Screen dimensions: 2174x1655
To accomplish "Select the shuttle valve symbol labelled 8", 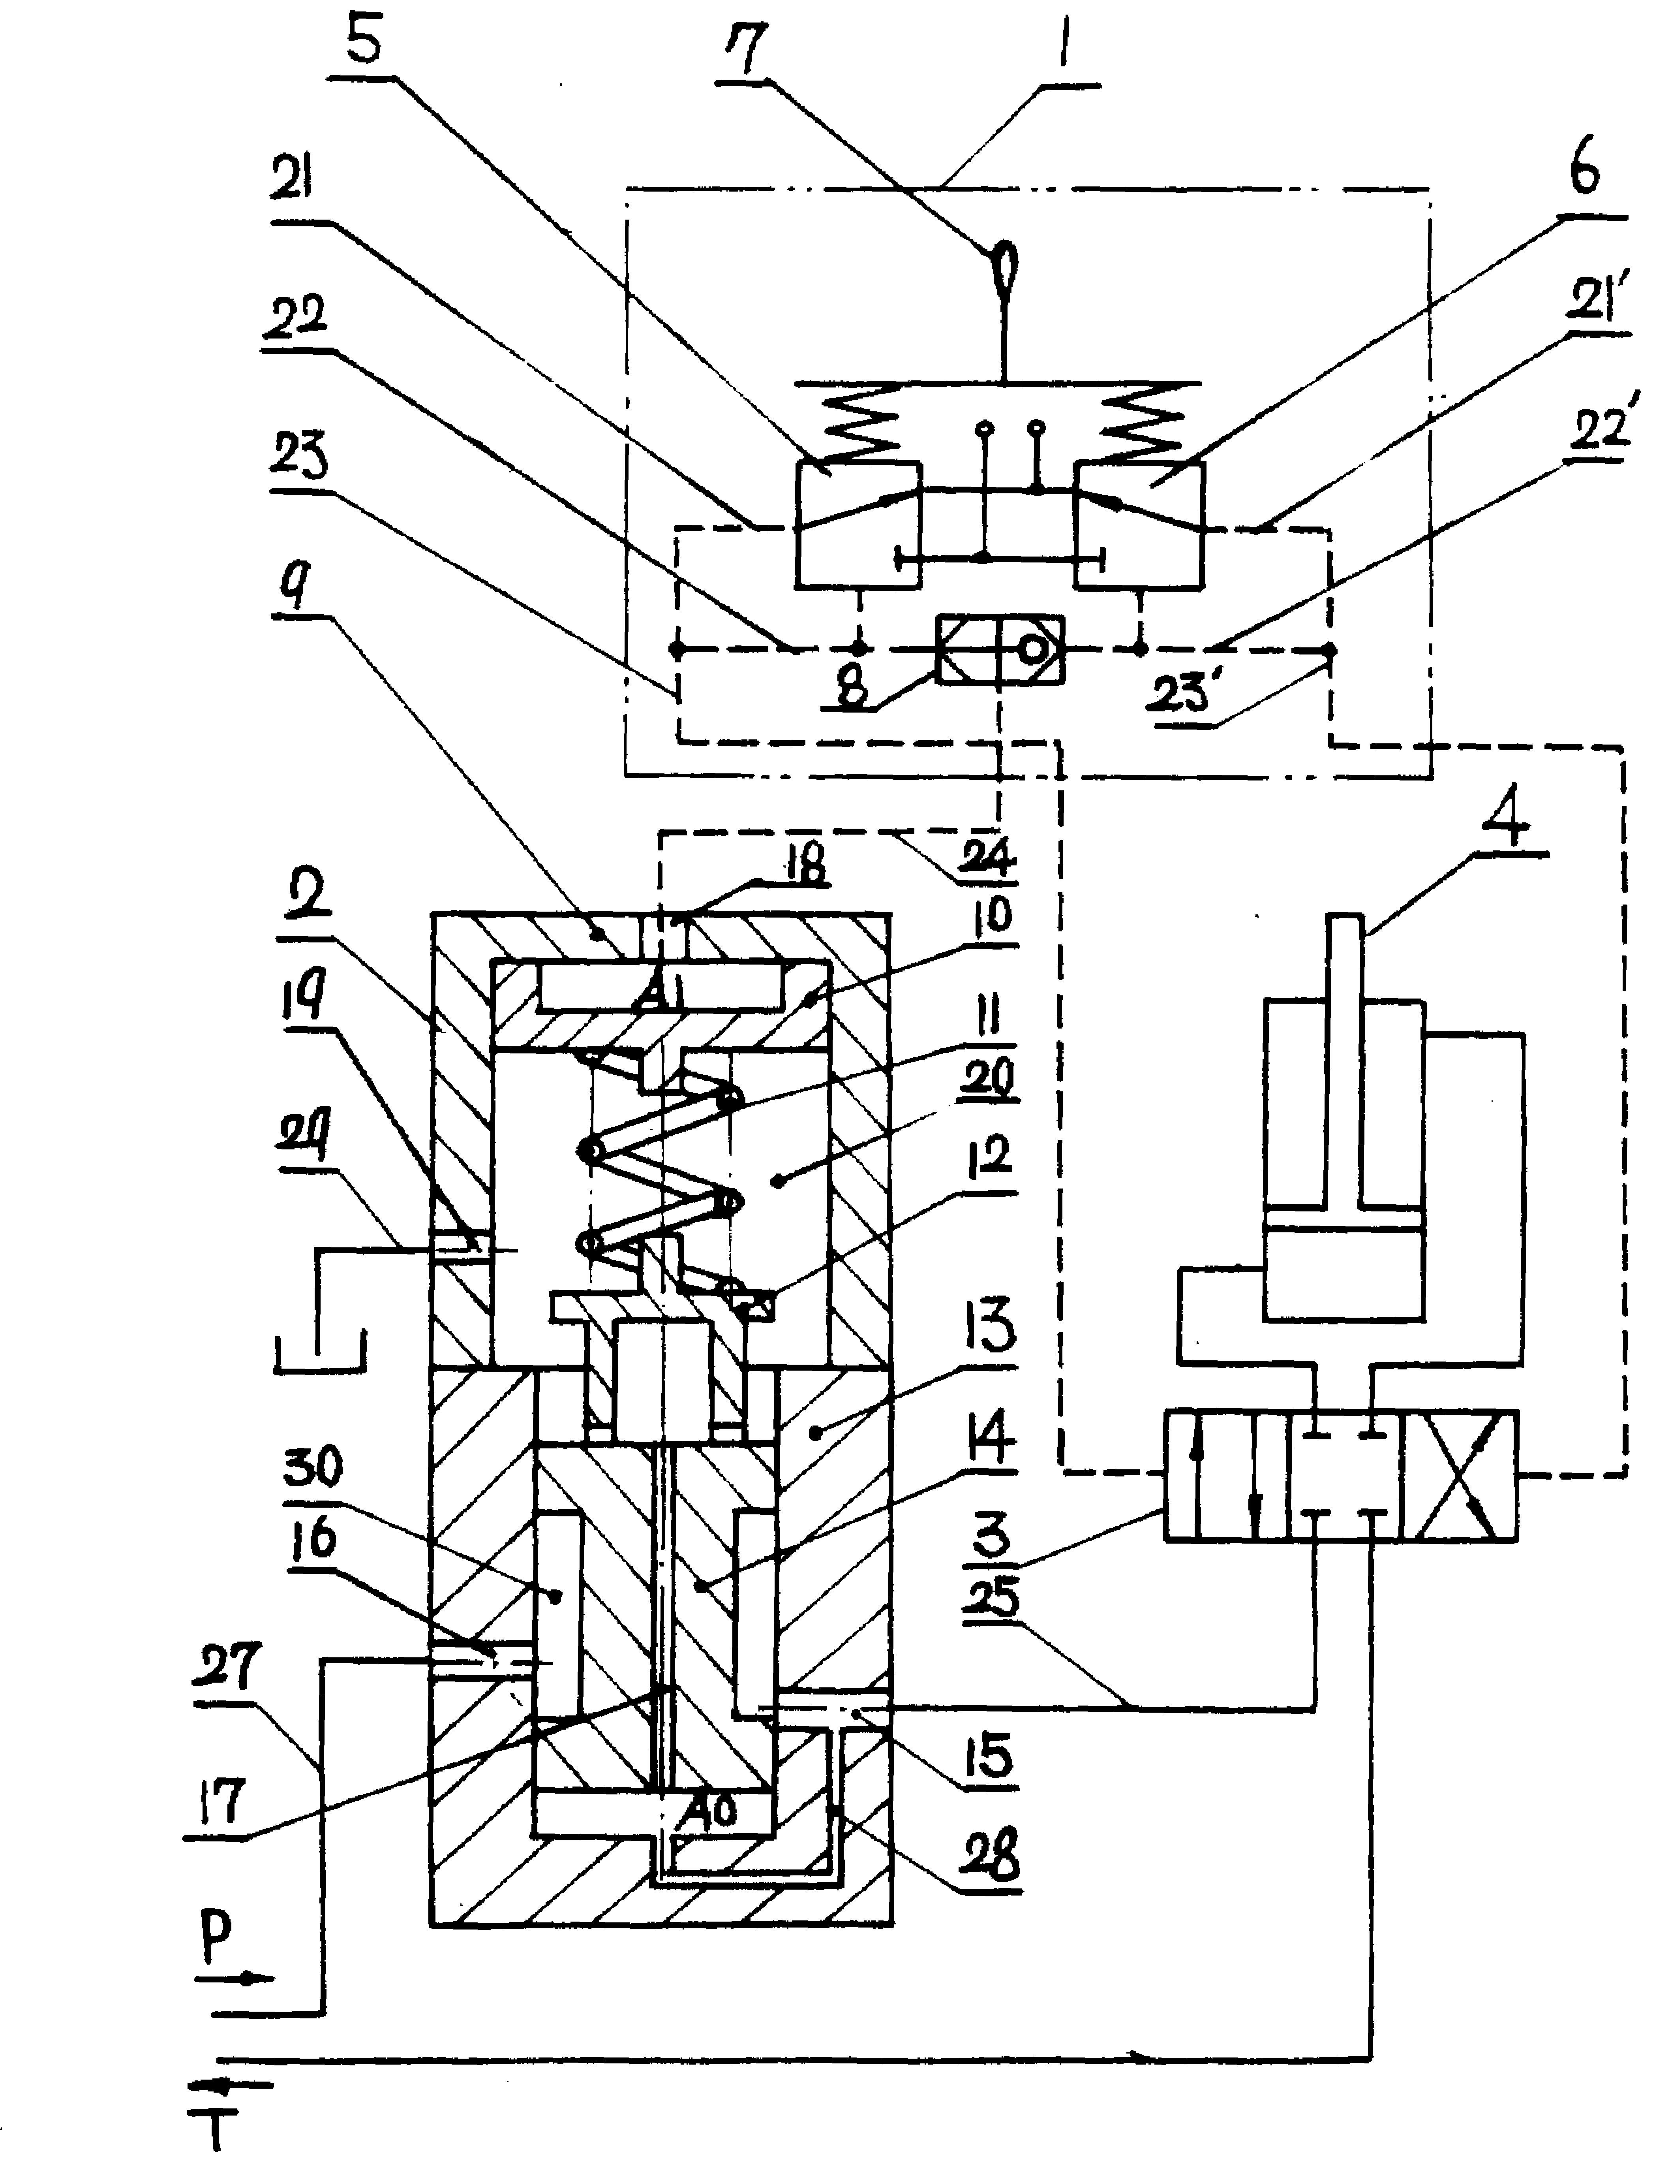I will tap(1000, 651).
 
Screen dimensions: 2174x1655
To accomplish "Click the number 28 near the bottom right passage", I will tap(990, 1855).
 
